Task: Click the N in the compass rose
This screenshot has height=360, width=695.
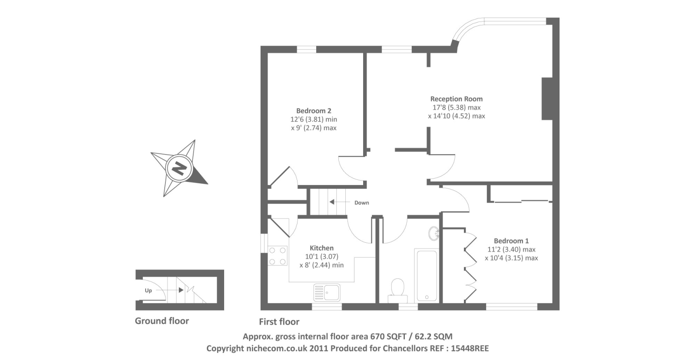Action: pyautogui.click(x=179, y=168)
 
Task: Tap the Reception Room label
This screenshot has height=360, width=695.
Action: pyautogui.click(x=456, y=99)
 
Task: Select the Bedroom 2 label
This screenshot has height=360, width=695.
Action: pyautogui.click(x=314, y=111)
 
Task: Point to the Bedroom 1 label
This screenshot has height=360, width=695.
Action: pyautogui.click(x=511, y=241)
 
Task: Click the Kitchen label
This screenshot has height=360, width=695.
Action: pyautogui.click(x=321, y=248)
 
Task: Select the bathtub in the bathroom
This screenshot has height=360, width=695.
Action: pyautogui.click(x=426, y=275)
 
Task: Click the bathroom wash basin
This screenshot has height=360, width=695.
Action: pyautogui.click(x=434, y=234)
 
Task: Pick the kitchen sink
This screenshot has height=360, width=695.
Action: pyautogui.click(x=327, y=292)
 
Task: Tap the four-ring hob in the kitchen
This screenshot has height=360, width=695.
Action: pyautogui.click(x=278, y=256)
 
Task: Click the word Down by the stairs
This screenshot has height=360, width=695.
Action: pyautogui.click(x=361, y=203)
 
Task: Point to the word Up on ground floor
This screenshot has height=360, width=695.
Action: pyautogui.click(x=148, y=291)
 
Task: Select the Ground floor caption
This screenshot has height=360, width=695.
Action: pyautogui.click(x=162, y=321)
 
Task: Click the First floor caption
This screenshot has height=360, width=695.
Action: pyautogui.click(x=279, y=322)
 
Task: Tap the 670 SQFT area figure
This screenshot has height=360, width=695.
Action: pyautogui.click(x=388, y=336)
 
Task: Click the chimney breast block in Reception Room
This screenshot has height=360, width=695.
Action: pyautogui.click(x=547, y=99)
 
